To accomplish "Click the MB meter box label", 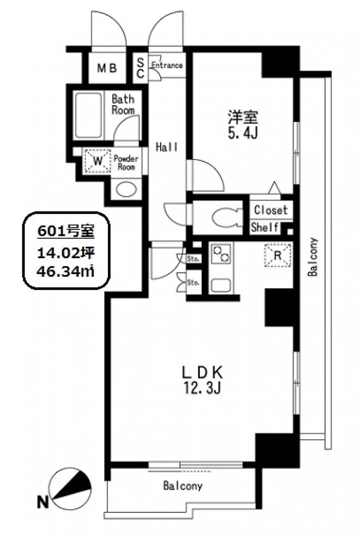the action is pos(107,68).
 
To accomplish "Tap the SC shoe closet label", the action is pos(141,68).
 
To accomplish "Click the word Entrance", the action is pos(167,65).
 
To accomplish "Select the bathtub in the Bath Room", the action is pos(88,115).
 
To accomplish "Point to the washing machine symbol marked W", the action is pos(97,161).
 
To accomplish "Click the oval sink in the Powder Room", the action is pos(126,190).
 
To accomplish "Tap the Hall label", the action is pos(167,147).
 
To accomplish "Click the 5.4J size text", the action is pos(242,133).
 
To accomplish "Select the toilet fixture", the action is pos(223,217).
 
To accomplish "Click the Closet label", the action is pos(271,210).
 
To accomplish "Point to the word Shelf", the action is pos(265,227).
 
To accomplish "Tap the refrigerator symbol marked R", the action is pos(278,255).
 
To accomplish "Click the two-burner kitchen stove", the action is pos(221,254).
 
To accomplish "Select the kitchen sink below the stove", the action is pos(221,285).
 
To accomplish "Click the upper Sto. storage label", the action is pos(193,259).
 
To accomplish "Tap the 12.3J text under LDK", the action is pos(203,387).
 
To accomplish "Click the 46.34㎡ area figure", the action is pos(66,271).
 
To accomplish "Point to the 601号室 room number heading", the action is pos(66,232).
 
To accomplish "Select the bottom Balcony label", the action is pos(182,486).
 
